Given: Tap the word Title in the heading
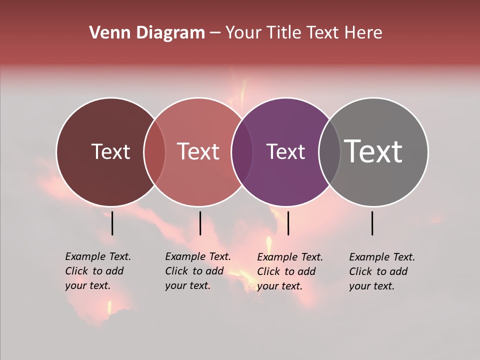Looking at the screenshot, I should pyautogui.click(x=283, y=33).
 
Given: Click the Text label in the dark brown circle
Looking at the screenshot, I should pyautogui.click(x=110, y=151).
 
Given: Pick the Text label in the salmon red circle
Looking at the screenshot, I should pyautogui.click(x=198, y=151).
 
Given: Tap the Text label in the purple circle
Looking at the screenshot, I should pyautogui.click(x=285, y=151).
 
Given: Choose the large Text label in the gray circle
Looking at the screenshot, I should pyautogui.click(x=373, y=151).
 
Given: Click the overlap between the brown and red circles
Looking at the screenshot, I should pyautogui.click(x=154, y=151).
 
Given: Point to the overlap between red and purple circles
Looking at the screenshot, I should pyautogui.click(x=242, y=151).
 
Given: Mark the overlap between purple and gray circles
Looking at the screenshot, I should pyautogui.click(x=329, y=151).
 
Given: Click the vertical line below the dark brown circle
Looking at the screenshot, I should pyautogui.click(x=112, y=223).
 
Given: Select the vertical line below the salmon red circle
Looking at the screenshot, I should pyautogui.click(x=200, y=223).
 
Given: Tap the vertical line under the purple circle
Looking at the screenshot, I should pyautogui.click(x=288, y=223).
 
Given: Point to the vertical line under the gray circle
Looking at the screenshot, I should pyautogui.click(x=372, y=223).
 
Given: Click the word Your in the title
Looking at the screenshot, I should pyautogui.click(x=244, y=33).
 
